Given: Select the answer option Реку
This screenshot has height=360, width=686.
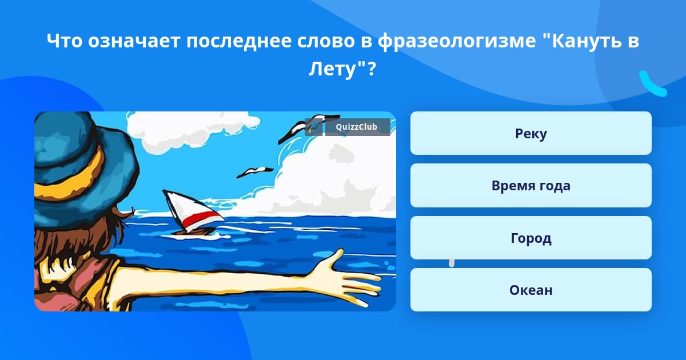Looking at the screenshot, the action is [x=531, y=133].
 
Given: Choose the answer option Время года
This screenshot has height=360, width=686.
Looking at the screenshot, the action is [x=531, y=186].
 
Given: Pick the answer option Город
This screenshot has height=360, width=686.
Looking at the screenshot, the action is [x=531, y=238].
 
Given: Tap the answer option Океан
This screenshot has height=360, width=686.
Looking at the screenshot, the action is [x=531, y=290].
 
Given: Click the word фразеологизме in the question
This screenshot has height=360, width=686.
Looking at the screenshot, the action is [x=456, y=41].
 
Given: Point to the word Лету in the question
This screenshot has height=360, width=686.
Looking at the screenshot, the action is [x=332, y=69].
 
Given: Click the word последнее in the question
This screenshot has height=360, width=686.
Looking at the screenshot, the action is [x=239, y=41].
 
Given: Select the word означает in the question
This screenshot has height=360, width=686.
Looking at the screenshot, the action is [x=134, y=41].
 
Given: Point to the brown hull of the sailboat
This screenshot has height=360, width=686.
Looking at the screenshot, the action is [x=193, y=232].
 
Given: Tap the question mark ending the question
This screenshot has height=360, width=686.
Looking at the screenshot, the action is [x=371, y=69].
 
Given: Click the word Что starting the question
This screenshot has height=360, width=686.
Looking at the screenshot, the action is [x=64, y=41].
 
